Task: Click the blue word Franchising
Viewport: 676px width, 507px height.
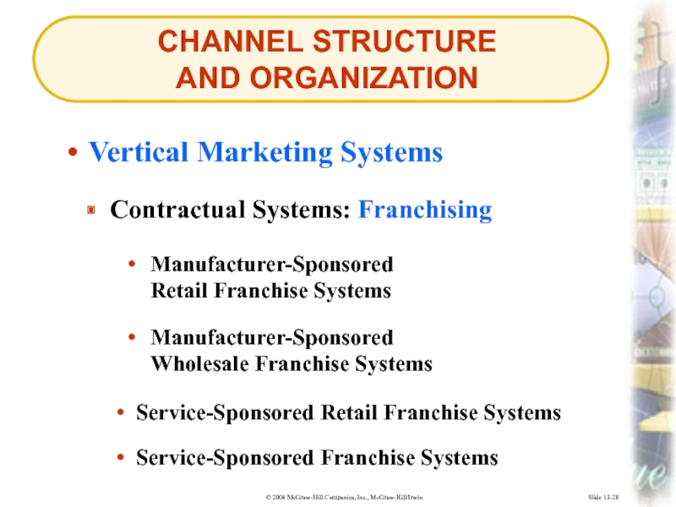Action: pyautogui.click(x=424, y=210)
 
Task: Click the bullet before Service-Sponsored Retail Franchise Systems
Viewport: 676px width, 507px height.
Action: pyautogui.click(x=122, y=413)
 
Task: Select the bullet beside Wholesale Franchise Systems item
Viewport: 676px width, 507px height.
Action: pyautogui.click(x=134, y=338)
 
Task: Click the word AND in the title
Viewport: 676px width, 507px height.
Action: pyautogui.click(x=203, y=79)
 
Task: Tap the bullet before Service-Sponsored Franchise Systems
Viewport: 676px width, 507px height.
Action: pyautogui.click(x=122, y=458)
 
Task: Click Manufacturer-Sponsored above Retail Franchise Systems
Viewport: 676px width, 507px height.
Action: pyautogui.click(x=272, y=265)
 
